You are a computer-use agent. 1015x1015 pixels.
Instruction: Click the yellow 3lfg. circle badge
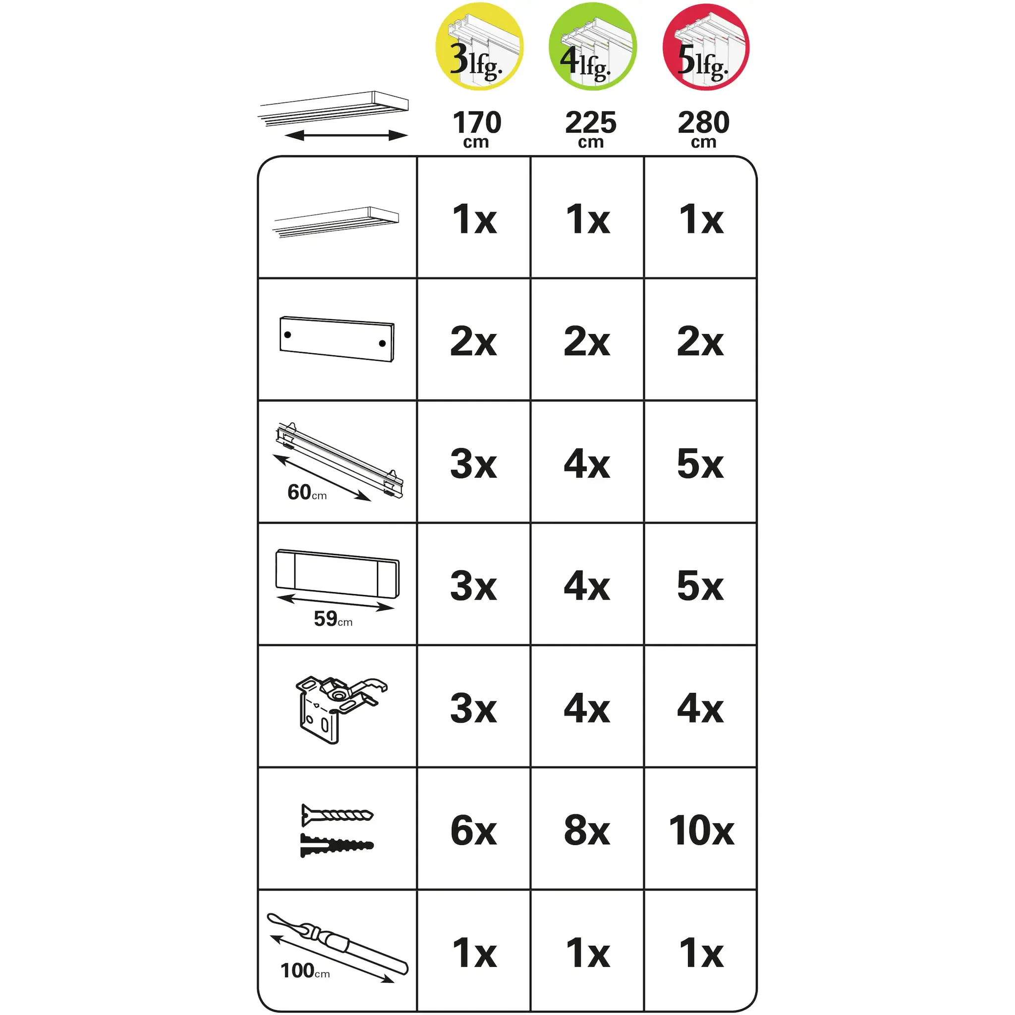(x=479, y=46)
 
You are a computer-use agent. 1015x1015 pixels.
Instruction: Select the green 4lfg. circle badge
(x=592, y=46)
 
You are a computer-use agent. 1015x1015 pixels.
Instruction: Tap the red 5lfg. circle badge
(x=706, y=46)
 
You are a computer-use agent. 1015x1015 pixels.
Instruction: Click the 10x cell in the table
(x=701, y=831)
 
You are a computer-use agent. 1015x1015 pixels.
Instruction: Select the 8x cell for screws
(x=587, y=831)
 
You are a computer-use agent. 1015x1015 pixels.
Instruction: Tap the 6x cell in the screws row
(x=473, y=831)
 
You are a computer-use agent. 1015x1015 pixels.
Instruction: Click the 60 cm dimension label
(x=307, y=493)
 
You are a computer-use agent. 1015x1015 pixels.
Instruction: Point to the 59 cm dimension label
(x=333, y=619)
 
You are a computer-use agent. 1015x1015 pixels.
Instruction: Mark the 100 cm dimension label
(x=305, y=970)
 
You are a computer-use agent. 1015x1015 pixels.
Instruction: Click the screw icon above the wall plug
(x=338, y=815)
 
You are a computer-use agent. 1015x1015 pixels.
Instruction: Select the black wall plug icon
(x=337, y=846)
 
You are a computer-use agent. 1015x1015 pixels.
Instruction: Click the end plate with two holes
(x=337, y=339)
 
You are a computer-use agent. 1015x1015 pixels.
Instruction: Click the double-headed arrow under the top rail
(x=346, y=135)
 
